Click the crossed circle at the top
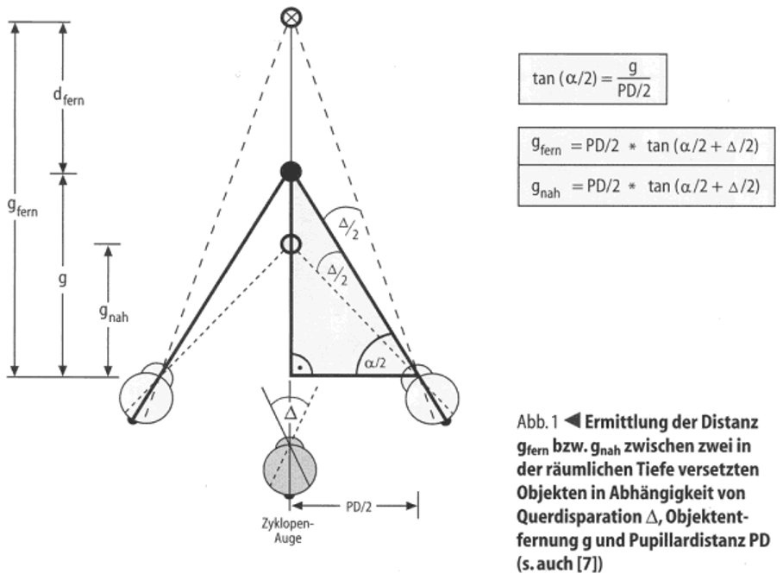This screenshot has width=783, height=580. click(x=292, y=16)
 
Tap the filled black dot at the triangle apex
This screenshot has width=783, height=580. click(x=291, y=171)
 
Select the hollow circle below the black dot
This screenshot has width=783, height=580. click(x=291, y=244)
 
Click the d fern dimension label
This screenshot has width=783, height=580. click(x=66, y=98)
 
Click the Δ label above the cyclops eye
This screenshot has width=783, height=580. click(x=290, y=413)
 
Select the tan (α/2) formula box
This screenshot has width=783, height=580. click(x=594, y=80)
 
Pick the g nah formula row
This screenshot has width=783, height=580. click(x=645, y=187)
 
